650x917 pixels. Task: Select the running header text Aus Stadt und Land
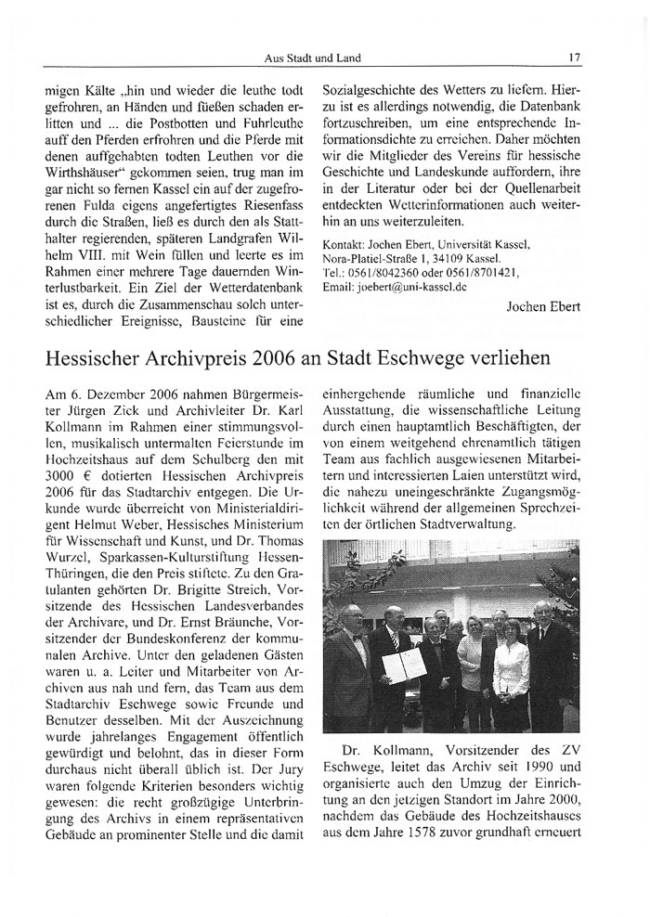[312, 58]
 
